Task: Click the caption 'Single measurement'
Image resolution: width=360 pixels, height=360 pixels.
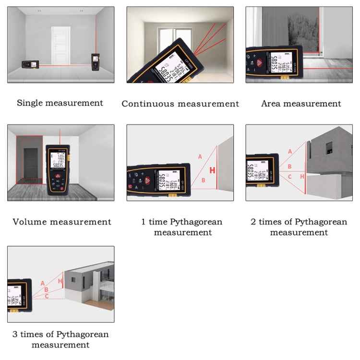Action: click(60, 103)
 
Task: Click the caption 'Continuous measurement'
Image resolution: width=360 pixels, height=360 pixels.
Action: click(180, 104)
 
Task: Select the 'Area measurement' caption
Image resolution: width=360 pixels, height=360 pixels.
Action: click(301, 103)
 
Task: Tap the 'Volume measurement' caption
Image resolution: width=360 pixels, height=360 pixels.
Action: click(62, 222)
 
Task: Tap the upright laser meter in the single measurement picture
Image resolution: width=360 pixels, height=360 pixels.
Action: click(95, 61)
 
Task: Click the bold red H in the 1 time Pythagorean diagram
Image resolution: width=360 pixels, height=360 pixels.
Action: click(212, 170)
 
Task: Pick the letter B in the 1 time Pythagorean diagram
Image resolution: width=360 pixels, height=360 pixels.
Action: click(204, 180)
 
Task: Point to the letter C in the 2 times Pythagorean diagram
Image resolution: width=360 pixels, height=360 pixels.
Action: click(289, 177)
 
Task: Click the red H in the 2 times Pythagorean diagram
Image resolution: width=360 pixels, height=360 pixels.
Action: click(302, 177)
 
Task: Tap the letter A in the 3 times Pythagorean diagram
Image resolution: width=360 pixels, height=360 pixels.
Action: click(43, 283)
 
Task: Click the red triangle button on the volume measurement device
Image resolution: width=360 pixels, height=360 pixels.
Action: click(58, 176)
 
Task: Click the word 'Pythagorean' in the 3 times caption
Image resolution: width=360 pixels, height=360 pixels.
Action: click(83, 334)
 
